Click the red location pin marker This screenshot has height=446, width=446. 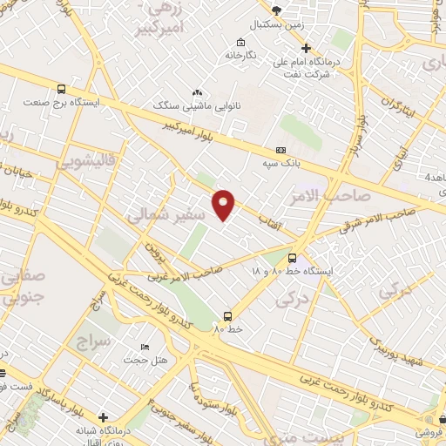224,204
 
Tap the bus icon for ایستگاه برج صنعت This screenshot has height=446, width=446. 61,89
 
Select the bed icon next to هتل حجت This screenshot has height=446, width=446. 144,348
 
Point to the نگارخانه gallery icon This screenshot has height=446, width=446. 240,42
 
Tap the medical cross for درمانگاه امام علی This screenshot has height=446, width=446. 306,48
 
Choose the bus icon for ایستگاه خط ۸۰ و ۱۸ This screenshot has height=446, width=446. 292,258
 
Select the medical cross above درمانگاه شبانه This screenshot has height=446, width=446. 104,417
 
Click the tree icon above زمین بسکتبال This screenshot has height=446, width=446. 277,10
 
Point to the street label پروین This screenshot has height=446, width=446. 154,255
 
